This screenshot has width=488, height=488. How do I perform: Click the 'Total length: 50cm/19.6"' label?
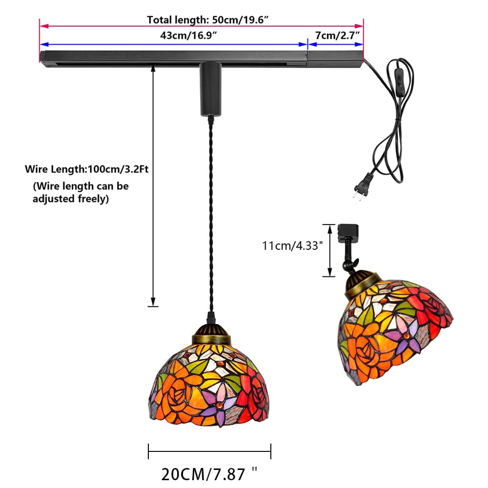pyautogui.click(x=207, y=20)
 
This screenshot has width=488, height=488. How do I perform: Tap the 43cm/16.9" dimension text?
pyautogui.click(x=188, y=36)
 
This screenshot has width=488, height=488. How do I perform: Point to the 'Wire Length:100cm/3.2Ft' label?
pyautogui.click(x=86, y=169)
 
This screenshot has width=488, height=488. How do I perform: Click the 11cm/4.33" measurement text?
pyautogui.click(x=291, y=246)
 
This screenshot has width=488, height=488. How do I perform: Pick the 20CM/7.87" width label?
pyautogui.click(x=209, y=474)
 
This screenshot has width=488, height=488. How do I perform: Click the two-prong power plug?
pyautogui.click(x=361, y=185)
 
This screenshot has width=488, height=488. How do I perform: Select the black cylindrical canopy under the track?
pyautogui.click(x=211, y=89)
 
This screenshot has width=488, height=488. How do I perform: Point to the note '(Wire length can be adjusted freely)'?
pyautogui.click(x=81, y=192)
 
